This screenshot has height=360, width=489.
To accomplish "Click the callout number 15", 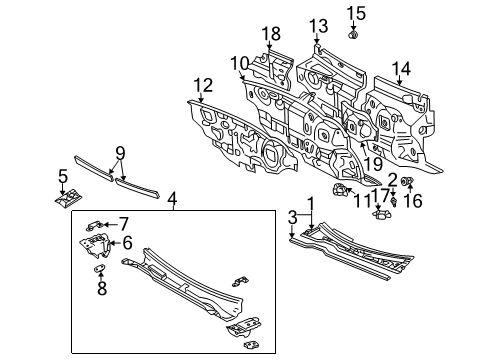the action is [x=356, y=14].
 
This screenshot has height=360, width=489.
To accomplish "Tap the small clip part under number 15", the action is [x=353, y=34].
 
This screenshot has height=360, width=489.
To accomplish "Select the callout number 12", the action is [x=203, y=85].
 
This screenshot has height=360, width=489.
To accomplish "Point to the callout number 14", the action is [x=401, y=69].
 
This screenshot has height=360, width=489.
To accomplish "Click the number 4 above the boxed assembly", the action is [x=172, y=200].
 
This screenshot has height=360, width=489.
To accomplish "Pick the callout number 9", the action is [x=120, y=154].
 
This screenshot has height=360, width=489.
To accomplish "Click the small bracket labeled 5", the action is [x=68, y=197].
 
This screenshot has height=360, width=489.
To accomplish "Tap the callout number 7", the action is [x=124, y=224].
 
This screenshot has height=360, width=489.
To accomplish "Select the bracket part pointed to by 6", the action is [x=95, y=245].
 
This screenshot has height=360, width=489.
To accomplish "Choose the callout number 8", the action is [x=102, y=288].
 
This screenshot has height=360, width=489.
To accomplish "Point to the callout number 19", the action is [x=373, y=164].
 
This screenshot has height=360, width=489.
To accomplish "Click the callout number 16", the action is [x=413, y=201].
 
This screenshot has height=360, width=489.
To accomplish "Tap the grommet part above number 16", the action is [x=407, y=181].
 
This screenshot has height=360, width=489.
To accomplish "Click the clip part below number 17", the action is [x=381, y=214].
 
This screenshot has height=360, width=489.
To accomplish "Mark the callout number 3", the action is [x=292, y=218].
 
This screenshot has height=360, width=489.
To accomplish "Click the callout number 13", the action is [x=318, y=26].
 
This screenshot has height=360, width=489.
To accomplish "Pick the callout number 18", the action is [x=271, y=34].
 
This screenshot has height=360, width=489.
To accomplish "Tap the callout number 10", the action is [x=239, y=63].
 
